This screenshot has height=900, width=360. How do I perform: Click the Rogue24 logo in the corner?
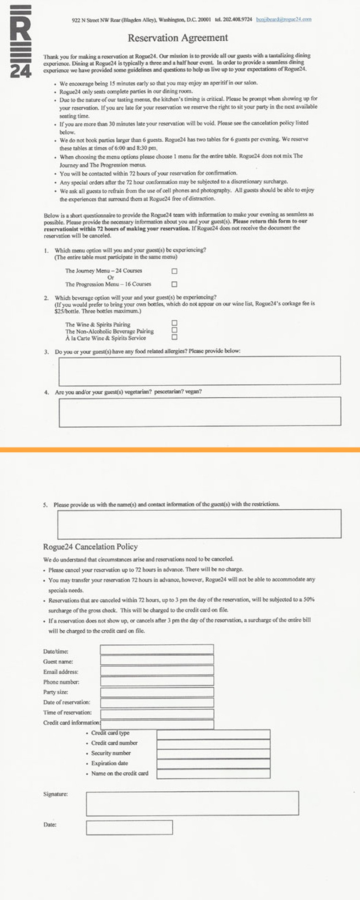coord(20,41)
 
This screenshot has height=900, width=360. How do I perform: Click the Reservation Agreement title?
coord(178,38)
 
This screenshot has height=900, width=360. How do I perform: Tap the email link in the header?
coord(284,19)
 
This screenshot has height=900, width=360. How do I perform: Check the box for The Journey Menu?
coord(175,271)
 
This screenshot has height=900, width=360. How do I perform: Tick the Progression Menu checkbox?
coord(175,284)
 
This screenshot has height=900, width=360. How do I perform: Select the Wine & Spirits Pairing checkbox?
coord(175,323)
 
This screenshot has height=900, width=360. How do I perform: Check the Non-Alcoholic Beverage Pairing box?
coord(175,330)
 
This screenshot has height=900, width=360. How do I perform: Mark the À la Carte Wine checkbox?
coord(175,337)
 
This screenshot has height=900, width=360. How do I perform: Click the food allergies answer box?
coord(199,370)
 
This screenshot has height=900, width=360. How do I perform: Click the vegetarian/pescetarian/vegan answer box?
coord(199,412)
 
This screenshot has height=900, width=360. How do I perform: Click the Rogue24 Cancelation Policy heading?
coord(90,547)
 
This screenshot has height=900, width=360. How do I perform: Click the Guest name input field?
coord(157,660)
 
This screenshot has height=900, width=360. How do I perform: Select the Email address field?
coord(157,670)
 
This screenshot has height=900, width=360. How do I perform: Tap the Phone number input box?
coord(157,680)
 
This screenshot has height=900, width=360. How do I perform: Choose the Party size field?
coord(157,692)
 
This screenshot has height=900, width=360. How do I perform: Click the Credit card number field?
coord(213,744)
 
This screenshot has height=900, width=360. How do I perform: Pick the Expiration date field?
coord(213,764)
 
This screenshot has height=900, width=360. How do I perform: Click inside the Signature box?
coord(192,803)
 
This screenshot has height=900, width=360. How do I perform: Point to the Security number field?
coord(213,754)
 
